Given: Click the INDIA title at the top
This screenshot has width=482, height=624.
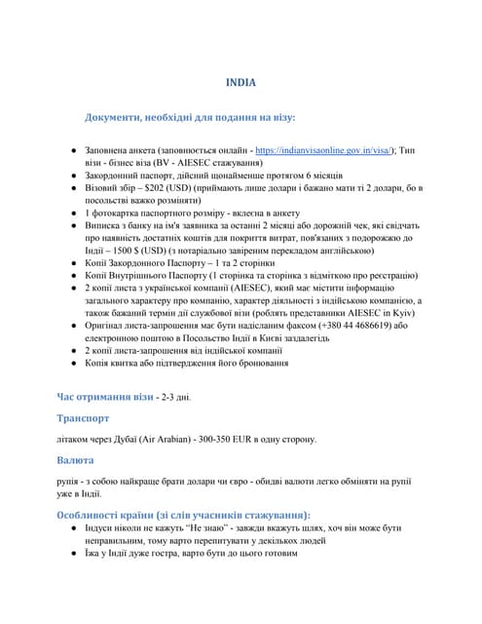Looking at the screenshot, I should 241,83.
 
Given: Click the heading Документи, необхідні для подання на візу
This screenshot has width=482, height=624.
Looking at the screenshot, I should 190,117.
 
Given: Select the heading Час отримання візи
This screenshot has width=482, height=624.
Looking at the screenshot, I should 103,397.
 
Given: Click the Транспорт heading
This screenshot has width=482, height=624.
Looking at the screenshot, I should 89,418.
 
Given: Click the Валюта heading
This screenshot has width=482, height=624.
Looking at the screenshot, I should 79,459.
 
